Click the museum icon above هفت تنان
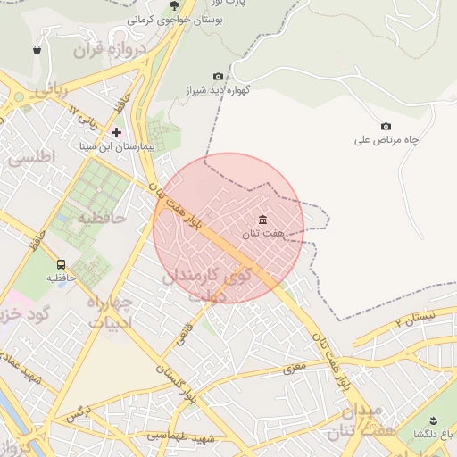[262, 220]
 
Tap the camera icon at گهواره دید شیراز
[219, 77]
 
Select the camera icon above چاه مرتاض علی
[386, 127]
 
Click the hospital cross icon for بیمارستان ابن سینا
[116, 132]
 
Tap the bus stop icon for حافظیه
[61, 264]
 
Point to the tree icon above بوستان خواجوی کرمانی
[174, 5]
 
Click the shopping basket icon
[37, 50]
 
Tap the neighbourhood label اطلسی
[32, 157]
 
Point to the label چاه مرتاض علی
[386, 140]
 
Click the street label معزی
[295, 367]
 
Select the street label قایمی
[185, 332]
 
